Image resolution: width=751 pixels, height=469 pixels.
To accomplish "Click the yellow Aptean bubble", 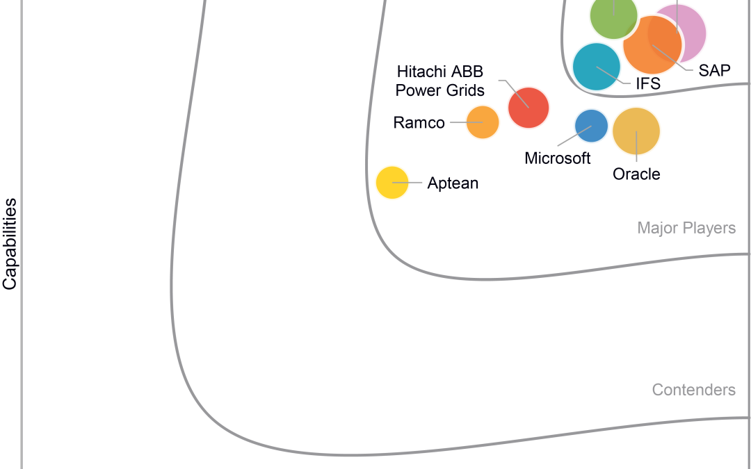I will click(x=392, y=183).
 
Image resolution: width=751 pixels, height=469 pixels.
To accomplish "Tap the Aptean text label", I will click(x=453, y=183).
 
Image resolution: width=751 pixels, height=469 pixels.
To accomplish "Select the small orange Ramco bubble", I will click(x=483, y=122).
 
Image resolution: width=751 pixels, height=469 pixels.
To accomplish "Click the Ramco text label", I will click(x=419, y=123).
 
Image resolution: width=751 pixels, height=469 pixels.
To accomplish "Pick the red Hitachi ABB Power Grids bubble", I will click(x=528, y=108).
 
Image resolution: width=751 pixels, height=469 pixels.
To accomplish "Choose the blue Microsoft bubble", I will click(x=591, y=126).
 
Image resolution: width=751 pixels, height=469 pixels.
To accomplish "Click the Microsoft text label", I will click(x=558, y=158).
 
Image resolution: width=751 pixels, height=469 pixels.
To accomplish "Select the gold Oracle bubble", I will click(x=636, y=131).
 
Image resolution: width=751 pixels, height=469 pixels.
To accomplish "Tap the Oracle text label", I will click(x=636, y=174).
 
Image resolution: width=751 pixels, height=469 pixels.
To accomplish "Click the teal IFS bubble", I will click(x=596, y=67).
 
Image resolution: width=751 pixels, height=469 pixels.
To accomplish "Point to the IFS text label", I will click(x=647, y=85).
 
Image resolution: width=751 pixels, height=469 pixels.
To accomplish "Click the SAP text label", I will click(x=714, y=71).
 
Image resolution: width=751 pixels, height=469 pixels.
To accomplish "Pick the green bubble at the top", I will click(x=613, y=17).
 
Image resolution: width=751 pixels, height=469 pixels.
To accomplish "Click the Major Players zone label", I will click(x=686, y=228).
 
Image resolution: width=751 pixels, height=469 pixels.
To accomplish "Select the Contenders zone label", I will click(x=693, y=390).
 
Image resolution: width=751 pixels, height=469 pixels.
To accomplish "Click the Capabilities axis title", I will click(x=10, y=244).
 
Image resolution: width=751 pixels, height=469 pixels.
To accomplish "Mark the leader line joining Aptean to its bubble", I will click(x=410, y=183).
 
